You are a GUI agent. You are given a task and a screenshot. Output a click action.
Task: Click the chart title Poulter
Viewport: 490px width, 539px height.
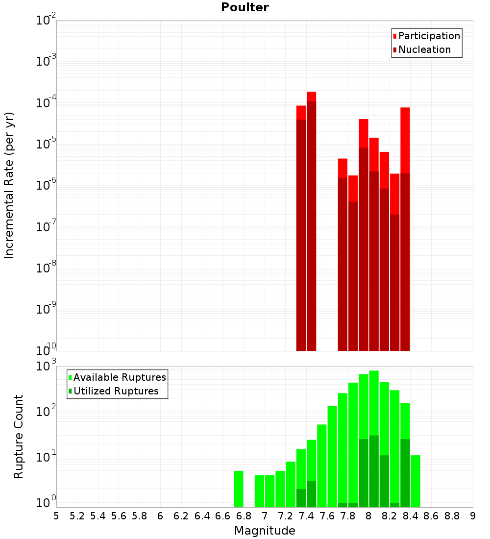click(x=245, y=7)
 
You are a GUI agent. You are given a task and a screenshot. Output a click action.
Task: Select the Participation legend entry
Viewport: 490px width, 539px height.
click(x=429, y=36)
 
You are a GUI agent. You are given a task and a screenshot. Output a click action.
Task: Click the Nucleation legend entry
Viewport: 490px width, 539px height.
click(x=424, y=49)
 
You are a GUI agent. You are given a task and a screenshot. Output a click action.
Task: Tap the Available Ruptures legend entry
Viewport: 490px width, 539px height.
click(x=120, y=377)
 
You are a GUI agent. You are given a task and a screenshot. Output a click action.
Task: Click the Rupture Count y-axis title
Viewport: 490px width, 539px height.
click(x=19, y=436)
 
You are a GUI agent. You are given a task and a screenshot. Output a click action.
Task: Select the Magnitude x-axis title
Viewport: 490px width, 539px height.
click(x=265, y=531)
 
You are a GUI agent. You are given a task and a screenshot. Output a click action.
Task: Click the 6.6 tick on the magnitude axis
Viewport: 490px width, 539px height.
click(x=223, y=516)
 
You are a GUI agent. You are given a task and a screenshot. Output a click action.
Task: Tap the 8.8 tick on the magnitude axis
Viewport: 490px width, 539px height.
click(x=452, y=516)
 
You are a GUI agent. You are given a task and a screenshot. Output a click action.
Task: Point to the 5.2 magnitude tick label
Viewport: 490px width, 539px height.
click(x=77, y=516)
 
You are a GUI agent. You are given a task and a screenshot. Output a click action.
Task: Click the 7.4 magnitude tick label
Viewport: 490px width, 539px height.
click(x=306, y=516)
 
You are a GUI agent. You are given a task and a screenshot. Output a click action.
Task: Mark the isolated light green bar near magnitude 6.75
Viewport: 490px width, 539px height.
click(x=239, y=489)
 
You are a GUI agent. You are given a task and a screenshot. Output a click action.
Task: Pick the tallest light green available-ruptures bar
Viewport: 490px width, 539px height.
click(x=374, y=439)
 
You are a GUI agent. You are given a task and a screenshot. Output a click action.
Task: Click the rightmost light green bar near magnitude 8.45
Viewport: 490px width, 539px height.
click(x=416, y=481)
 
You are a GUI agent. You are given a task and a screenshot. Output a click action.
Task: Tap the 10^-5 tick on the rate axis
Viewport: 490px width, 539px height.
click(x=46, y=144)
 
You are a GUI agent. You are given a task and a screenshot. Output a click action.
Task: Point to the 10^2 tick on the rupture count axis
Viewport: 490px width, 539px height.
click(x=46, y=412)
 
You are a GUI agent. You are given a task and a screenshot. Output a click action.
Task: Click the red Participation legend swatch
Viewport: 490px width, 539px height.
click(x=394, y=36)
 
